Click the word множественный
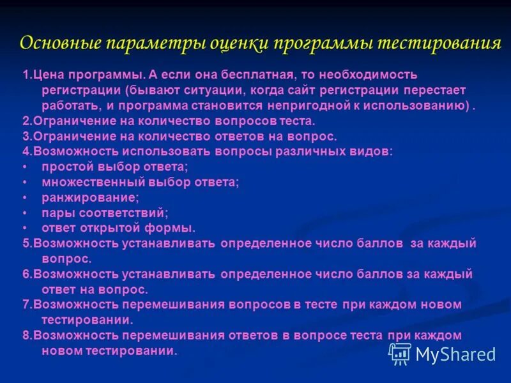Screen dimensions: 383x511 (x=88, y=182)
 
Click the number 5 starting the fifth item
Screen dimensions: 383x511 (x=25, y=243)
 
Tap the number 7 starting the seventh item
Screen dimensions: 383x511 (x=25, y=305)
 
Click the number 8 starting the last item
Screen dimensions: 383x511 (x=25, y=335)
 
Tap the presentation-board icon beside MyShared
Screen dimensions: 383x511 (x=400, y=353)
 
